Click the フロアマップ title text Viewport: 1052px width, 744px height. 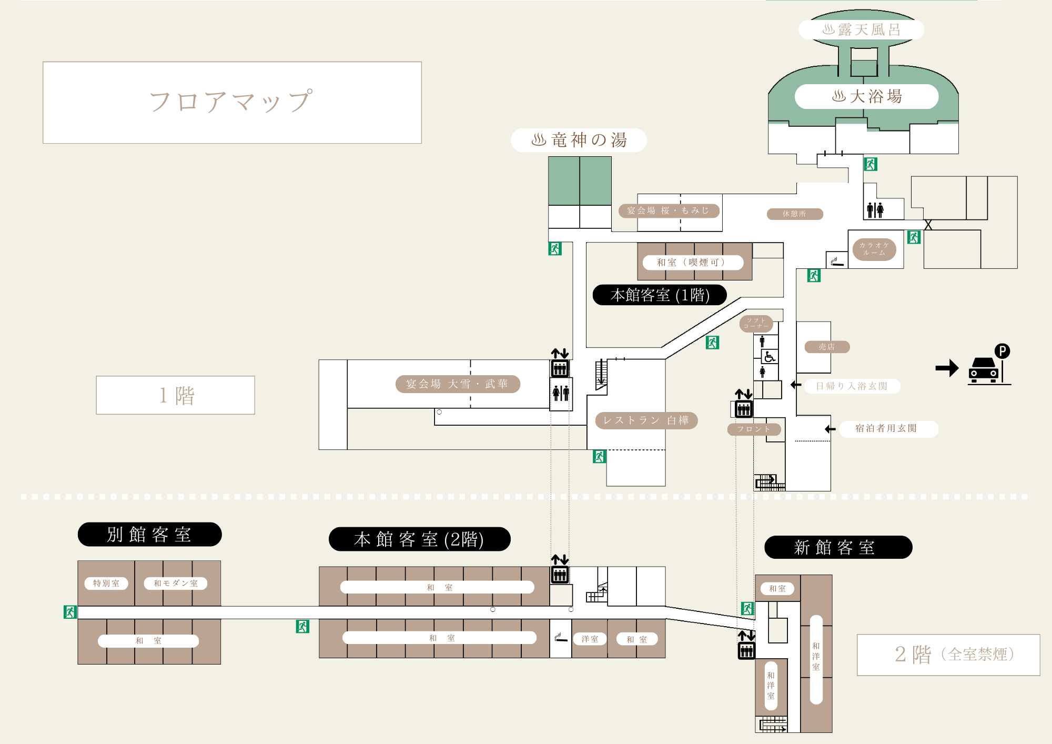tap(231, 102)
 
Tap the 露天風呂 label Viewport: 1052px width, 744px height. tap(861, 30)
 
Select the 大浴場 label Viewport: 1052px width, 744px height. tap(866, 96)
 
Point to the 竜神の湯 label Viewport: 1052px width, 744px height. tap(579, 140)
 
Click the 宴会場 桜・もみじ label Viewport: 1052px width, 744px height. tap(668, 210)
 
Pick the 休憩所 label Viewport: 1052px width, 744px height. tap(794, 214)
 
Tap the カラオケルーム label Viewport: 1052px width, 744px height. tap(874, 249)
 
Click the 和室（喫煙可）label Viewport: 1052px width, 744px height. tap(692, 262)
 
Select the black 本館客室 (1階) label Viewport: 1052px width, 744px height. tap(660, 295)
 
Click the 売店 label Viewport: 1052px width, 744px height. tap(827, 347)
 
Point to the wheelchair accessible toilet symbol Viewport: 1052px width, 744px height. tap(770, 357)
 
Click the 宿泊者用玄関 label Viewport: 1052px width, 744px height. tap(886, 428)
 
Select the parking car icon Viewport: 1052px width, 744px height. tap(983, 370)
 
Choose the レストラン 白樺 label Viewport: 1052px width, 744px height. tap(646, 420)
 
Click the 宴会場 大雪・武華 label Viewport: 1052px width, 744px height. tap(457, 384)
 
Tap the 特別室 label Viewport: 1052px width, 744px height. tap(106, 583)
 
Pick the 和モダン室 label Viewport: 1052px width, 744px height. tap(176, 583)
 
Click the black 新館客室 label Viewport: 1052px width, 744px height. tap(837, 547)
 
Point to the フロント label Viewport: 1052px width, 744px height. tap(754, 429)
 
